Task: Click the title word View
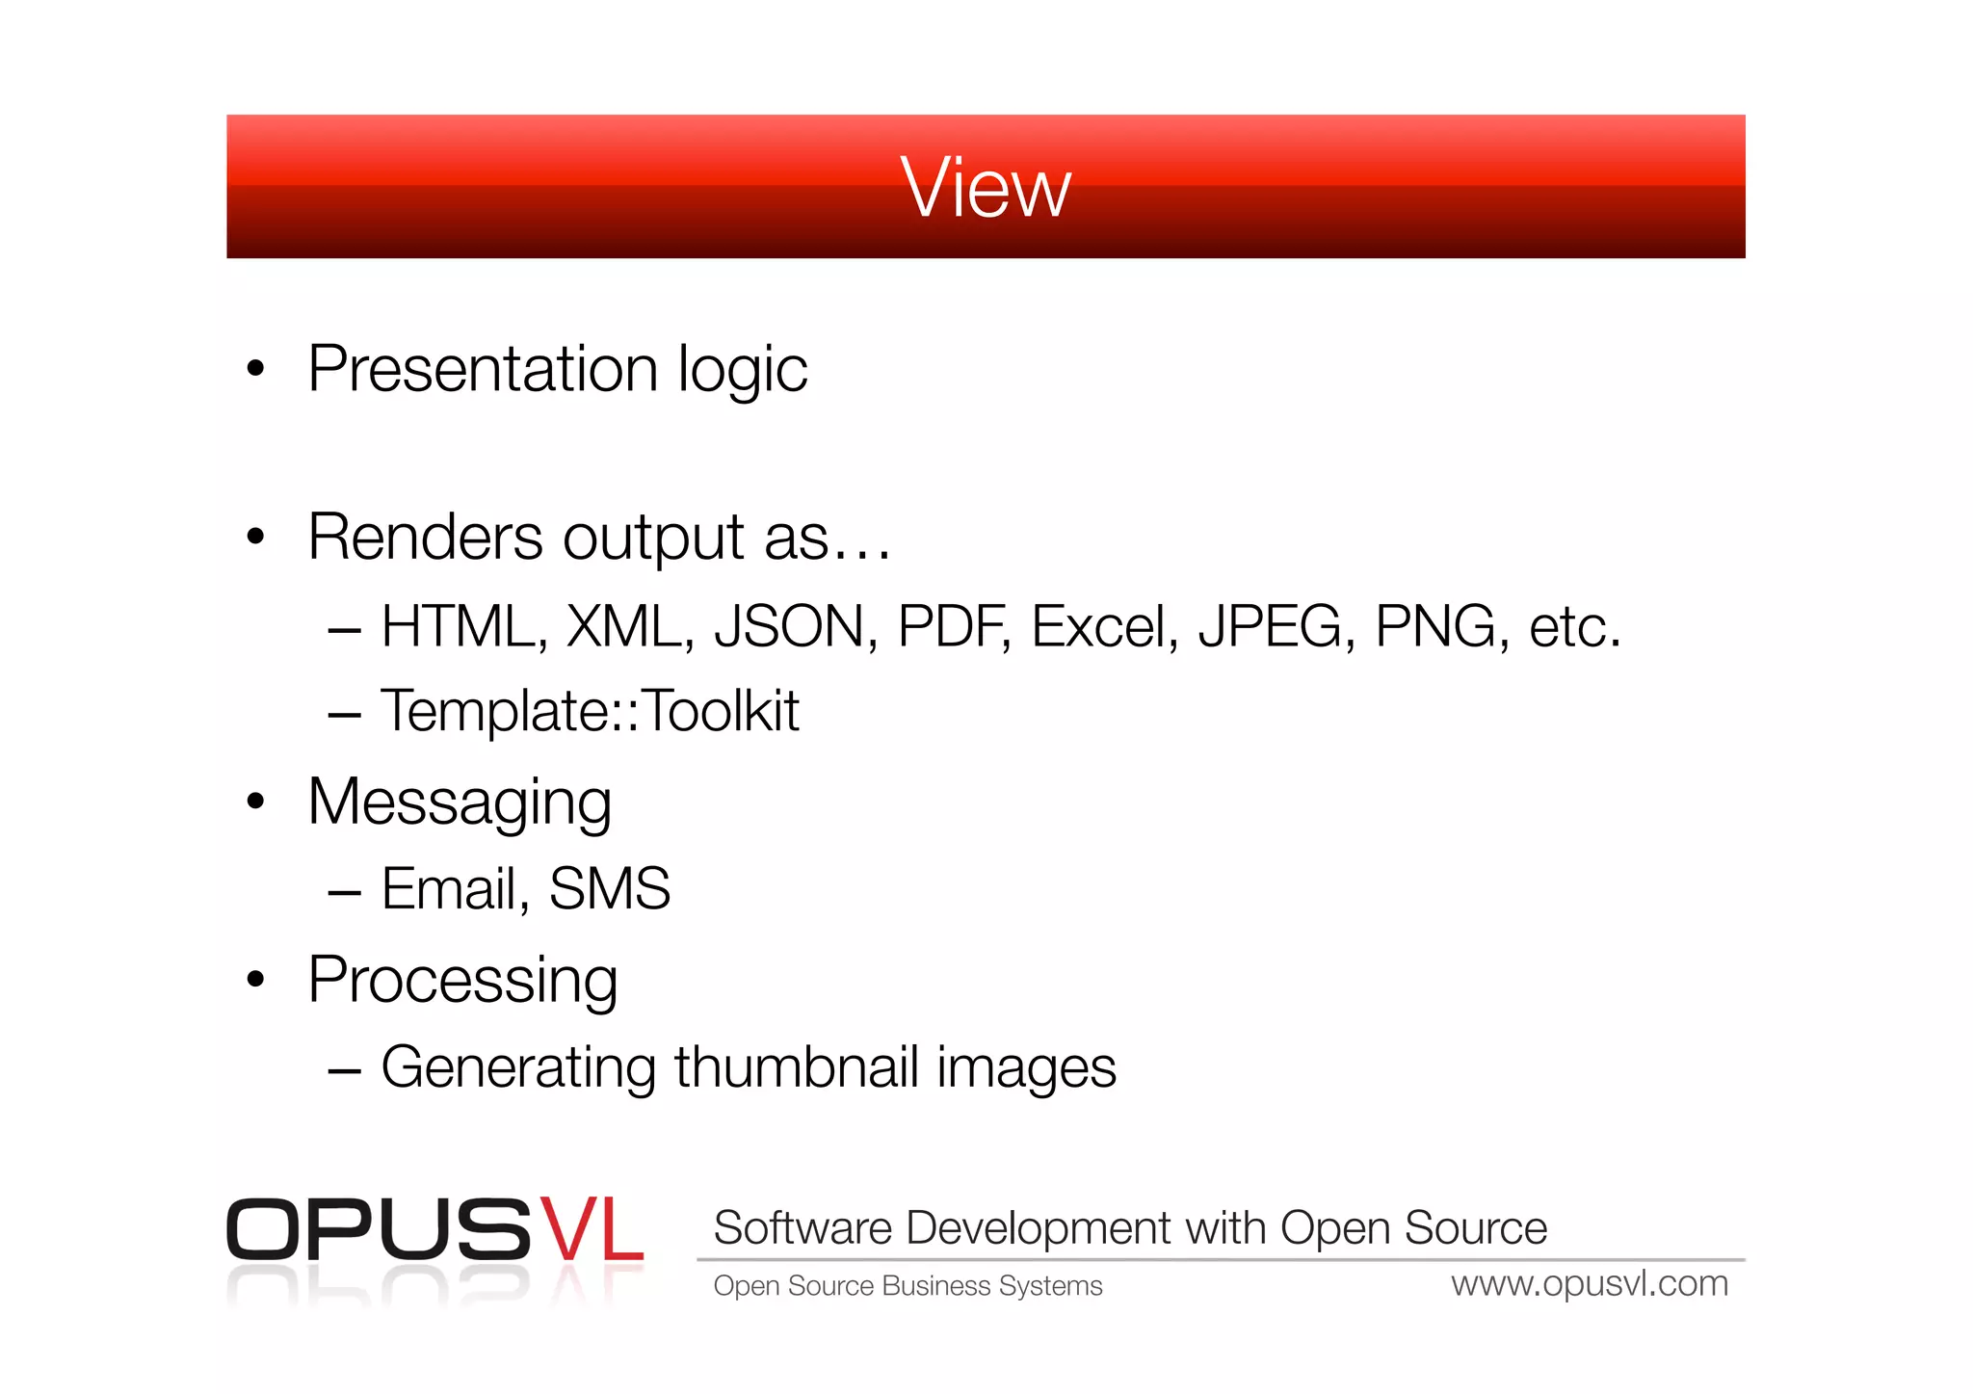tap(985, 188)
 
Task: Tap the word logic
tap(742, 371)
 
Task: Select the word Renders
tap(425, 537)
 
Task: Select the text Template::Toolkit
tap(590, 712)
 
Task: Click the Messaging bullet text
tap(460, 802)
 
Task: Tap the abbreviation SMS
tap(609, 888)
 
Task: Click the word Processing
tap(462, 981)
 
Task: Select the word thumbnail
tap(796, 1067)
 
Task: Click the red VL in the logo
tap(590, 1230)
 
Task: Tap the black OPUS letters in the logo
tap(378, 1230)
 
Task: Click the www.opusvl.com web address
tap(1589, 1284)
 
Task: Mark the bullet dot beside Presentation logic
tap(255, 368)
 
